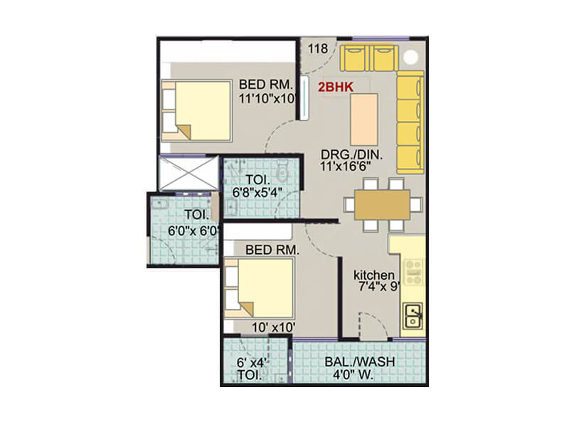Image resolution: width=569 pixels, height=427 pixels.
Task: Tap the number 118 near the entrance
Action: (x=317, y=49)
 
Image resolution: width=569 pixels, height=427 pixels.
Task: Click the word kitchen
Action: (x=373, y=275)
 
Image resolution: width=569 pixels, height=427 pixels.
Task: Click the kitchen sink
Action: (x=413, y=315)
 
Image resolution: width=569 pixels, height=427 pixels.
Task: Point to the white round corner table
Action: (x=410, y=58)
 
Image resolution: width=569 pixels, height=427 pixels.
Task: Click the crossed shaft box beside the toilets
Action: (x=188, y=173)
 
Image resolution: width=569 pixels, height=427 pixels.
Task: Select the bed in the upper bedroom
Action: (x=196, y=110)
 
